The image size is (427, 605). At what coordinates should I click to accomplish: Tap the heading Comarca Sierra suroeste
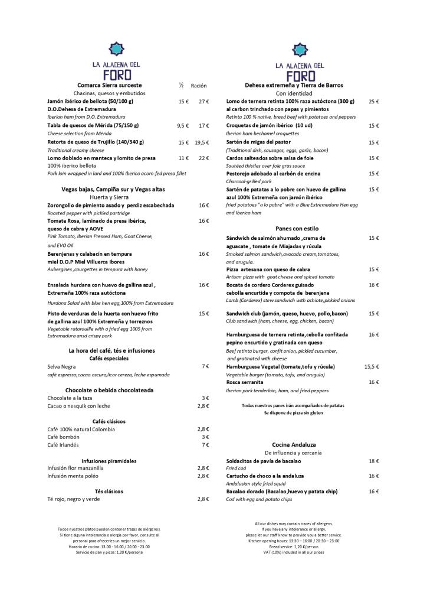click(x=109, y=85)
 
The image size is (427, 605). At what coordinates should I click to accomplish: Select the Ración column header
click(x=198, y=86)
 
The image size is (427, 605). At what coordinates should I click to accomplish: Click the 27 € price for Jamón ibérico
click(x=203, y=102)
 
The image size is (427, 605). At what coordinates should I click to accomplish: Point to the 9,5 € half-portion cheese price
click(x=182, y=126)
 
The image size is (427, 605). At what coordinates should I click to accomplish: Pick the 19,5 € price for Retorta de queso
click(x=202, y=142)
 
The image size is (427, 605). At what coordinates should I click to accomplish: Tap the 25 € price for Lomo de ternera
click(x=373, y=102)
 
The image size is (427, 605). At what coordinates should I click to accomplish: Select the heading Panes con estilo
click(x=297, y=228)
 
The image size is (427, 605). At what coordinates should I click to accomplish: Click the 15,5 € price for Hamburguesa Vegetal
click(x=371, y=366)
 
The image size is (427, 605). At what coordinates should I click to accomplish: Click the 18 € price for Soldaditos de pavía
click(x=373, y=460)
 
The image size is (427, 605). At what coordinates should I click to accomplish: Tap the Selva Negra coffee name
click(x=62, y=366)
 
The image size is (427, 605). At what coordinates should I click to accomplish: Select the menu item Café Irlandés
click(x=63, y=444)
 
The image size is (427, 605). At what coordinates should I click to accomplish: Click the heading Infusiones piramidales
click(x=109, y=460)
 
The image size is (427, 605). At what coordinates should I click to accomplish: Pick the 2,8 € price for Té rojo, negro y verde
click(x=203, y=499)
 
